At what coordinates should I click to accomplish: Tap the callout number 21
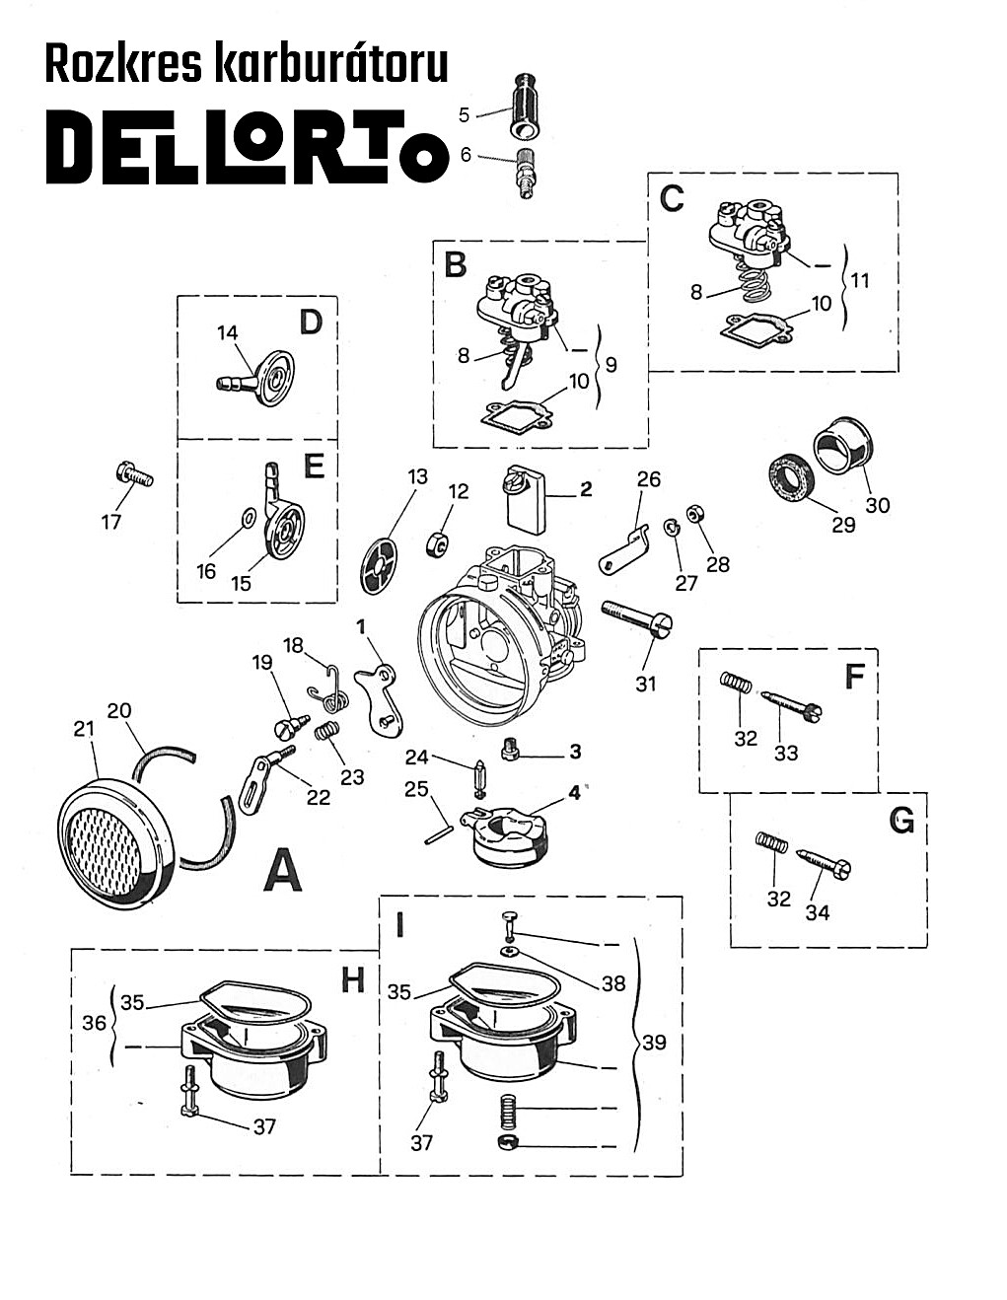click(x=84, y=728)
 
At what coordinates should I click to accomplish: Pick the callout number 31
click(x=645, y=683)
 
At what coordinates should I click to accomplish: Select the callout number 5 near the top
click(x=465, y=115)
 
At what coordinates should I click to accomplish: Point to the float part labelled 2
click(x=530, y=501)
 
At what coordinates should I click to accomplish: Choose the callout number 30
click(x=877, y=505)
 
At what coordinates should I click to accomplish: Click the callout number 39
click(x=654, y=1043)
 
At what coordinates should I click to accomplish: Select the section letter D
click(x=311, y=323)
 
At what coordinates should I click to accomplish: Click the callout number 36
click(x=94, y=1023)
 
